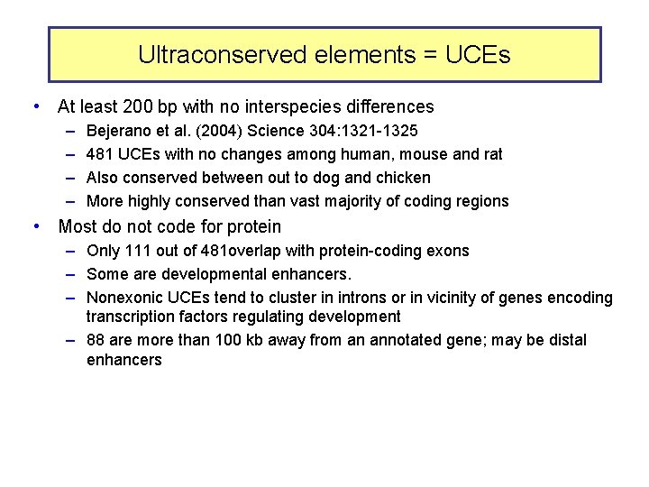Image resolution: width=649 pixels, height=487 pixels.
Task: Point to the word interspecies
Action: (x=305, y=107)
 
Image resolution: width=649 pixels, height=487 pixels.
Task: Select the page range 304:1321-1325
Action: (x=361, y=132)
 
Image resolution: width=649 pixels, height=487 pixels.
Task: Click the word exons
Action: (x=448, y=251)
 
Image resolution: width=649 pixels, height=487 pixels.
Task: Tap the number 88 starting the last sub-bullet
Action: (x=96, y=340)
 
